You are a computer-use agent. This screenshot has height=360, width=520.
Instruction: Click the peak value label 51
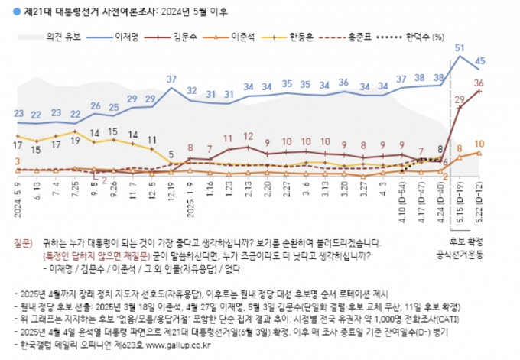click(x=459, y=48)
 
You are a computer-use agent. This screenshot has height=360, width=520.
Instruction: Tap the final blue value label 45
click(x=480, y=60)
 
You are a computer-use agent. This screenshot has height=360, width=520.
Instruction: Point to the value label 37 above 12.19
click(x=172, y=79)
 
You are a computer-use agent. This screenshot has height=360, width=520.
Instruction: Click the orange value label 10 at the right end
click(x=479, y=144)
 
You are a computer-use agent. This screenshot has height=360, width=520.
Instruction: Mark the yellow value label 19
click(x=75, y=132)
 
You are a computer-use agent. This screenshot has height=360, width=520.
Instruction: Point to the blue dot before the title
click(x=7, y=10)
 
